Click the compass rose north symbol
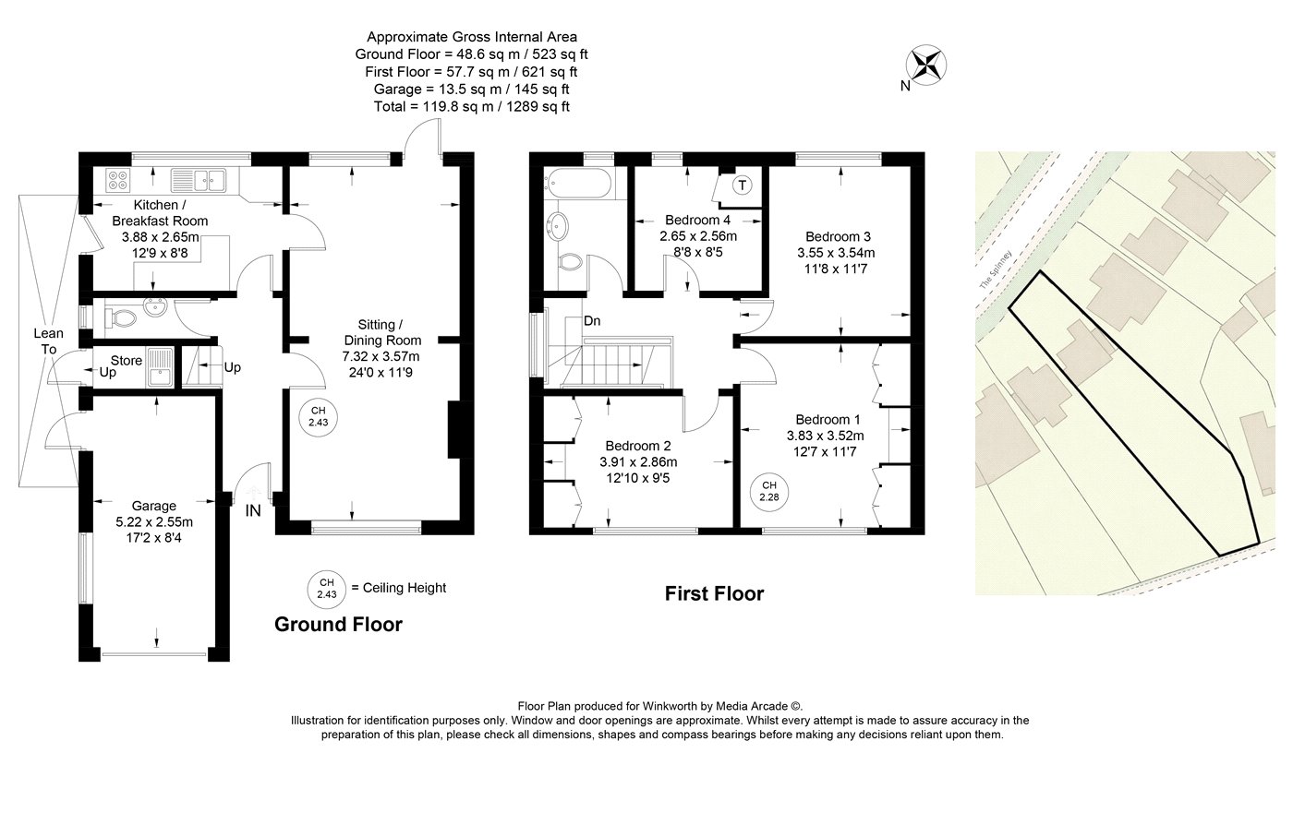(x=925, y=66)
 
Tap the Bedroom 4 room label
(x=698, y=220)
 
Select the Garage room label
(x=153, y=506)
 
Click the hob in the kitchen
(x=118, y=179)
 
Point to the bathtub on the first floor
(x=578, y=183)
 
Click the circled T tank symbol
(x=743, y=185)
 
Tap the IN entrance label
(x=253, y=510)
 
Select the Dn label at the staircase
(x=592, y=321)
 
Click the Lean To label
(x=48, y=341)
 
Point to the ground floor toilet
(x=121, y=317)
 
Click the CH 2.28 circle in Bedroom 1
(x=768, y=492)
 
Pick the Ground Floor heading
(x=338, y=624)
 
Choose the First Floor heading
(x=714, y=593)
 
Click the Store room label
(x=127, y=361)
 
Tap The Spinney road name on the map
(x=996, y=269)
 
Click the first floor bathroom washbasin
(x=558, y=225)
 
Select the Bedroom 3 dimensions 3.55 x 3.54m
(x=836, y=253)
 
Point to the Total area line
(x=472, y=107)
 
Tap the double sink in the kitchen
(x=198, y=180)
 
